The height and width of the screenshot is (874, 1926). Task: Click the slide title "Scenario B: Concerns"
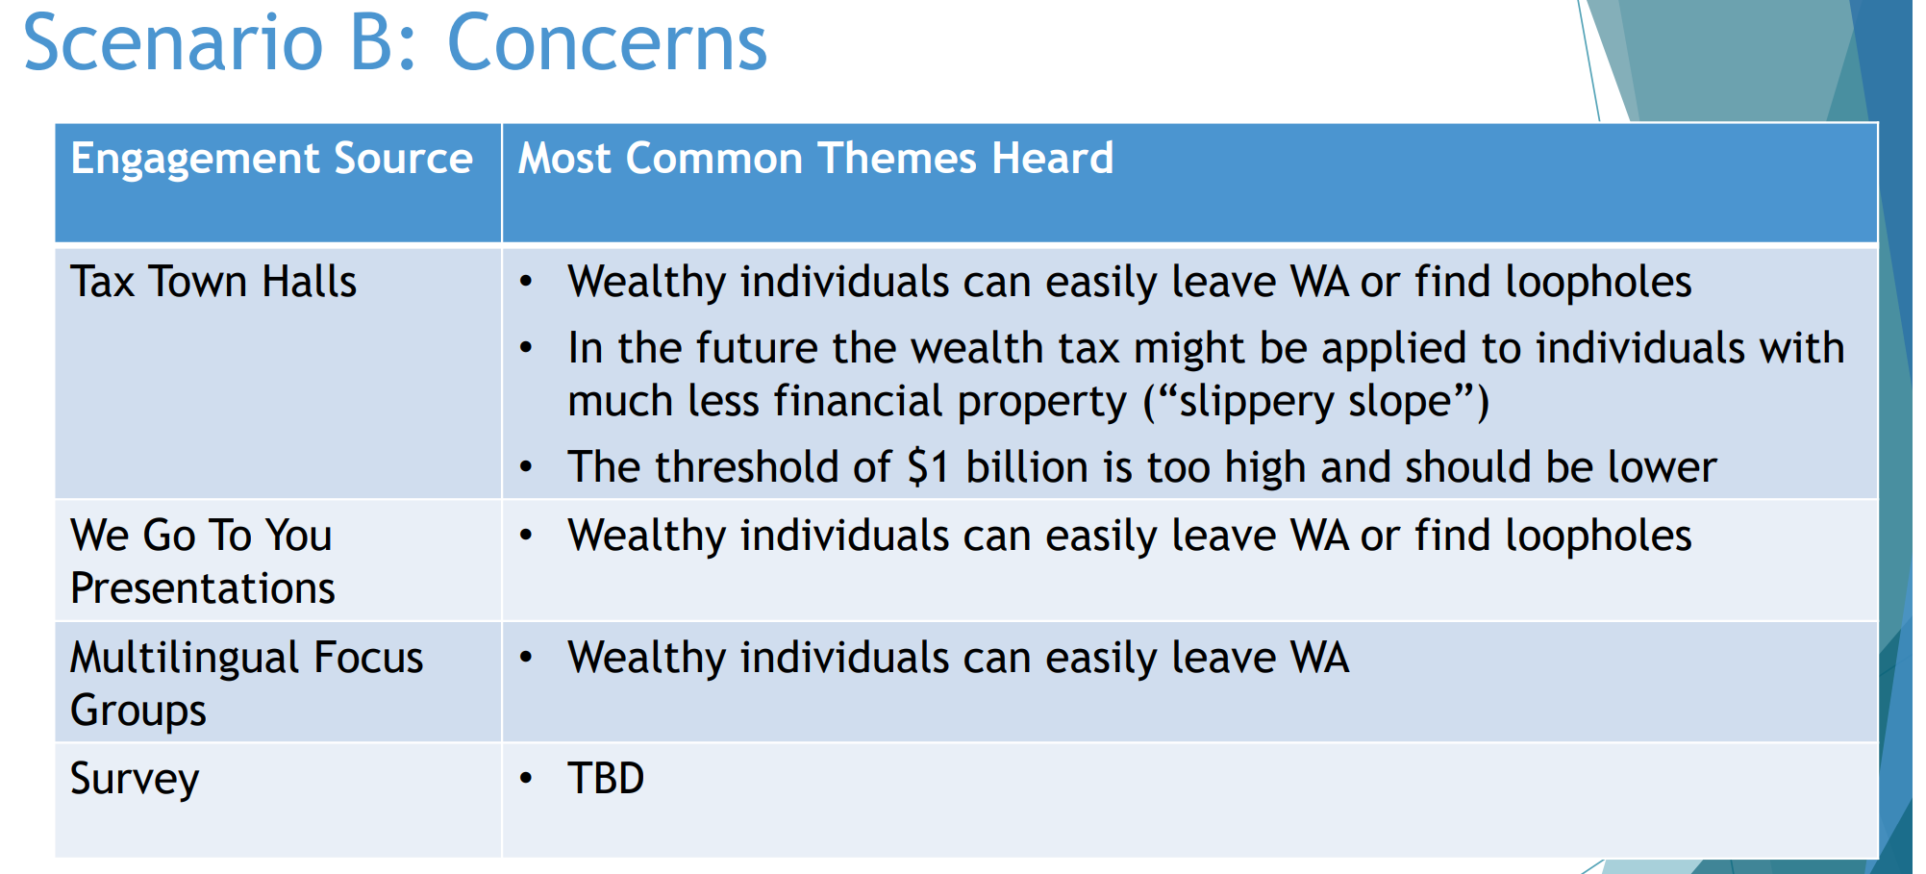pyautogui.click(x=395, y=43)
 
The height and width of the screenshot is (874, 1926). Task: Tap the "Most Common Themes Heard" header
pyautogui.click(x=816, y=158)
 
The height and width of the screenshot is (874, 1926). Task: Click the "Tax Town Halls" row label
pyautogui.click(x=213, y=282)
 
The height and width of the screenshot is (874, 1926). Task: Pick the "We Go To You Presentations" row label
pyautogui.click(x=203, y=562)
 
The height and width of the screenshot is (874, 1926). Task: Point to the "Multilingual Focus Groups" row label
pyautogui.click(x=247, y=684)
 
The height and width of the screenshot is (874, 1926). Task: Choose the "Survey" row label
pyautogui.click(x=135, y=780)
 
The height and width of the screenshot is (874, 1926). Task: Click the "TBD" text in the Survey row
pyautogui.click(x=606, y=778)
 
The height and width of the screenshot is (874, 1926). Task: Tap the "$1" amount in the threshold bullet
pyautogui.click(x=929, y=467)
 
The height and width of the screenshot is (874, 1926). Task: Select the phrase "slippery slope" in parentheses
pyautogui.click(x=1315, y=401)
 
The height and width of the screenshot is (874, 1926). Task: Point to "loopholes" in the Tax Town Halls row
pyautogui.click(x=1598, y=283)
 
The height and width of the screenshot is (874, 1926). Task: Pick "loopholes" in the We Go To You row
pyautogui.click(x=1598, y=537)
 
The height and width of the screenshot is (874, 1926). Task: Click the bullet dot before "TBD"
pyautogui.click(x=526, y=778)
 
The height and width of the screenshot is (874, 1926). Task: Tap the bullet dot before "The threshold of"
pyautogui.click(x=526, y=467)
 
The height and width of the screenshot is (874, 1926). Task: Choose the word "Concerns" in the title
pyautogui.click(x=608, y=43)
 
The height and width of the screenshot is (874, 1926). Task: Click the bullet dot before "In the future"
pyautogui.click(x=526, y=348)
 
